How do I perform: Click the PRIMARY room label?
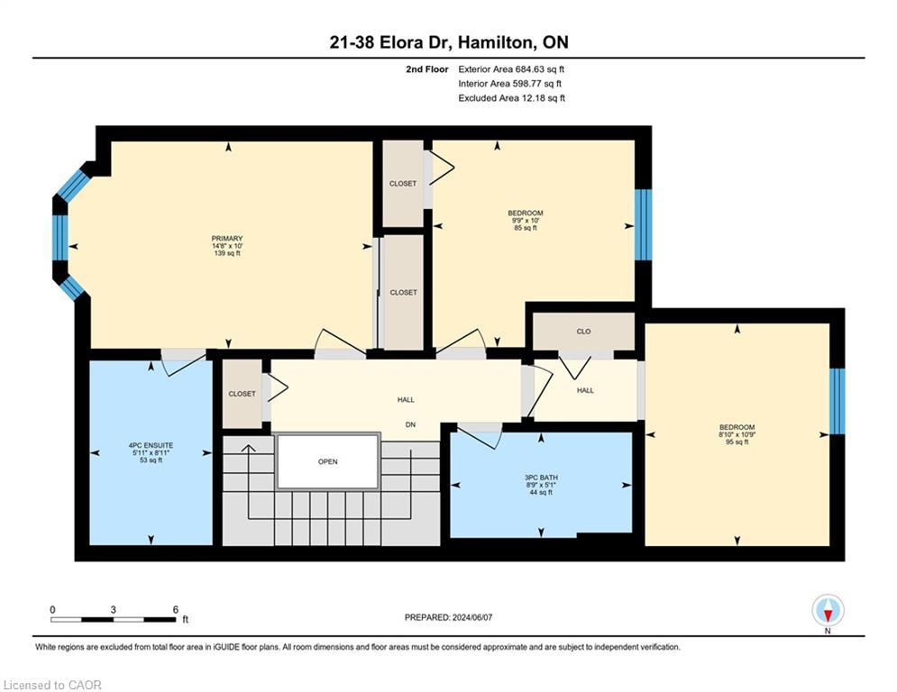pos(227,239)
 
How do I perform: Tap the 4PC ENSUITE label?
pos(151,445)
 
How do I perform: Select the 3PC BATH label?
pos(541,478)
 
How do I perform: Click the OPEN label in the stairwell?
pos(328,461)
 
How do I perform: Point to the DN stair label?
pos(410,425)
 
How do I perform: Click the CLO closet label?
pos(583,332)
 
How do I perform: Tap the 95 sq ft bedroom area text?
pos(737,442)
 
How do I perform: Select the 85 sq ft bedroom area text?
pos(526,228)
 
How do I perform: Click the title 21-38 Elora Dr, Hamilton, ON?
pos(449,42)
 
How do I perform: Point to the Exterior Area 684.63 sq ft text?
pos(511,69)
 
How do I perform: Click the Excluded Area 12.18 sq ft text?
pos(511,98)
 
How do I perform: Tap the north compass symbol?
pos(828,611)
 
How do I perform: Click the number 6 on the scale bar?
pos(176,610)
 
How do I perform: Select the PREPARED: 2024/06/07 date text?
pos(449,617)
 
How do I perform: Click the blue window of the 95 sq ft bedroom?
pos(837,401)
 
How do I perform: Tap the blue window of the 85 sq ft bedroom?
pos(644,224)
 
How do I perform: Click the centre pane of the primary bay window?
pos(60,238)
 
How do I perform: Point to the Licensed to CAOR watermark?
pos(52,685)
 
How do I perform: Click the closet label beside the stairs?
pos(242,394)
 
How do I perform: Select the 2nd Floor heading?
pos(426,69)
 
